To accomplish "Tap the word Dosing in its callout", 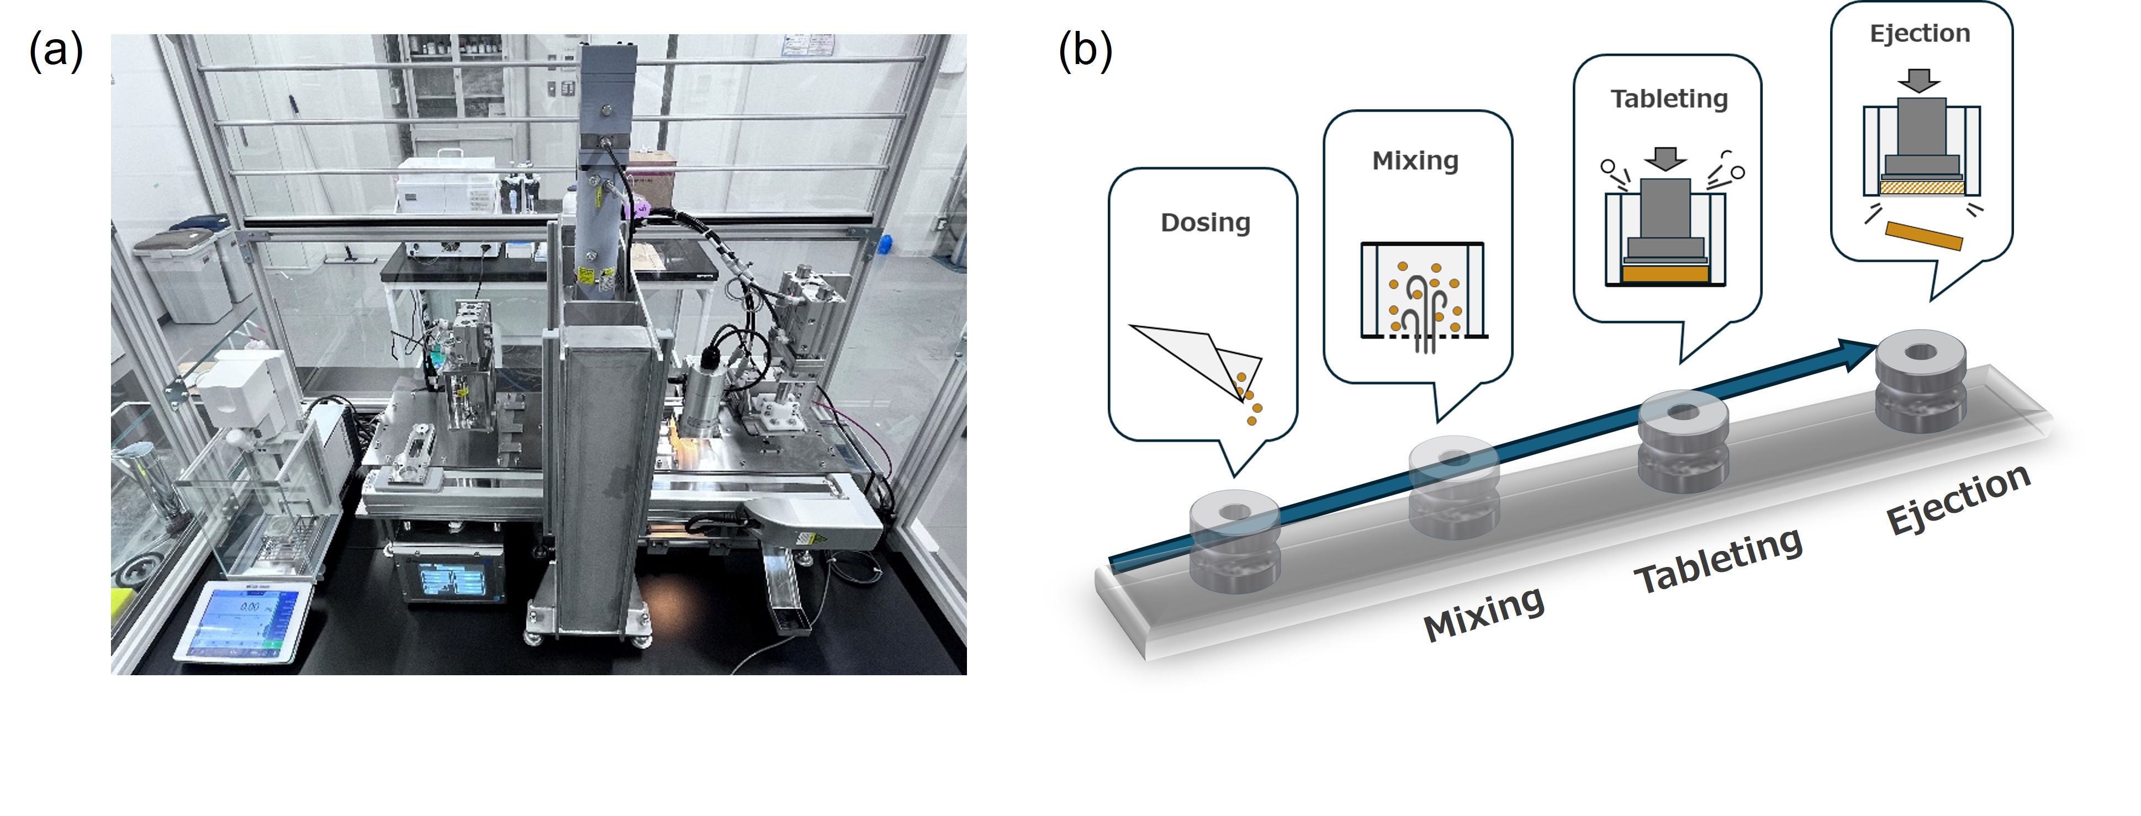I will pyautogui.click(x=1205, y=222).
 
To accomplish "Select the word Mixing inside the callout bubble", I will pyautogui.click(x=1415, y=160).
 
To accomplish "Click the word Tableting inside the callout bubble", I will pyautogui.click(x=1669, y=99).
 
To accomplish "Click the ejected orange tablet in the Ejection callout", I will pyautogui.click(x=1923, y=235).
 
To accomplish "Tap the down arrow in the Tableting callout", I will pyautogui.click(x=1665, y=158).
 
